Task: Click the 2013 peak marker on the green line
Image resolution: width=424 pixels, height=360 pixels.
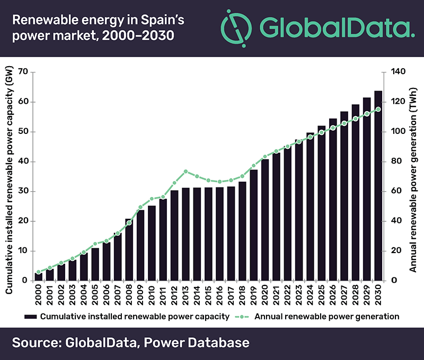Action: (185, 172)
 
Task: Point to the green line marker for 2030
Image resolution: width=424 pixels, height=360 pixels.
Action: (378, 110)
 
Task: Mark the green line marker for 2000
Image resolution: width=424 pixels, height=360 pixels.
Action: (39, 272)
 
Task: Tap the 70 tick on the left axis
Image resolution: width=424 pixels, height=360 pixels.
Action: (23, 72)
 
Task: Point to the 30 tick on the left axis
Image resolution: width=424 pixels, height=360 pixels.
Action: (23, 192)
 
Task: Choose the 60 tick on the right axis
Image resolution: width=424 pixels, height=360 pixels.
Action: (395, 192)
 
